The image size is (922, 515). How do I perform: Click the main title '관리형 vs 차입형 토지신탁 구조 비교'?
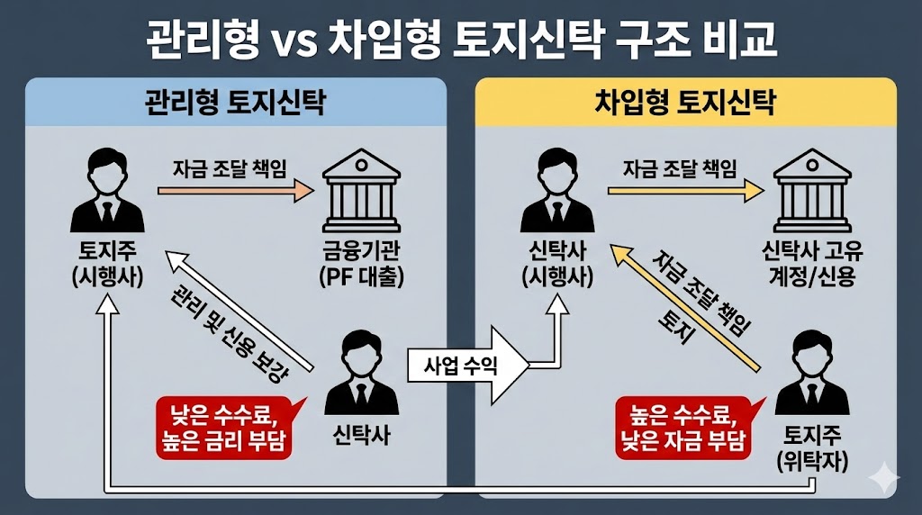[460, 41]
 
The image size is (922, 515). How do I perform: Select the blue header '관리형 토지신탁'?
[235, 104]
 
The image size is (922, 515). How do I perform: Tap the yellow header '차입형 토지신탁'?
[685, 104]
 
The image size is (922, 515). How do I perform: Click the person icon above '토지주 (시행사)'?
[106, 191]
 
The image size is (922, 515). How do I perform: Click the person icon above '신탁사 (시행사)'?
[556, 191]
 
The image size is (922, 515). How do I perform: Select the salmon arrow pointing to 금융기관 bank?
[236, 191]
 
